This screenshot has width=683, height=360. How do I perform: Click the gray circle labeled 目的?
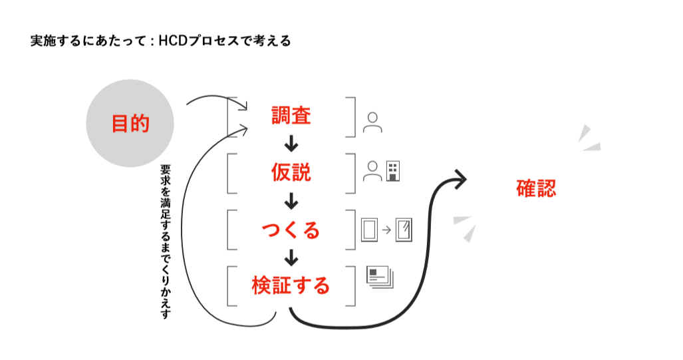[130, 123]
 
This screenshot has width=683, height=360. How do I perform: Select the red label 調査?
[291, 116]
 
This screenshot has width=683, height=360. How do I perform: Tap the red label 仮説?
[291, 172]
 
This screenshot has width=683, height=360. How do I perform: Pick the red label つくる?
[291, 230]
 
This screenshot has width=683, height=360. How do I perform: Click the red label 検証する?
[291, 286]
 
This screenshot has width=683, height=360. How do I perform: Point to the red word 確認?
[536, 188]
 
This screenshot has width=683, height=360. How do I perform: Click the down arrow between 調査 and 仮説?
[291, 144]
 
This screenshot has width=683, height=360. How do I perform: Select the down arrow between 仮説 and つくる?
[291, 201]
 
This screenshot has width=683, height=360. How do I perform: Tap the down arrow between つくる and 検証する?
[291, 258]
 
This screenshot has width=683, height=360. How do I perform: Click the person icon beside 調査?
[372, 122]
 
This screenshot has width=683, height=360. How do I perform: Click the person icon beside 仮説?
[372, 171]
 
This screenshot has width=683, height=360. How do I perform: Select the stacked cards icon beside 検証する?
[380, 276]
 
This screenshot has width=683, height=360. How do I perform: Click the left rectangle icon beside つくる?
[369, 230]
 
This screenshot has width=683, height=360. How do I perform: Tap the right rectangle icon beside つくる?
[404, 230]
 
